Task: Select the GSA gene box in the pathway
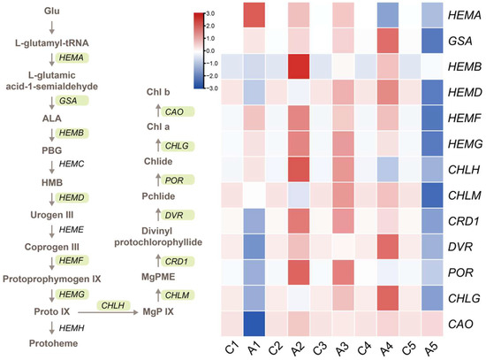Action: (x=66, y=101)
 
